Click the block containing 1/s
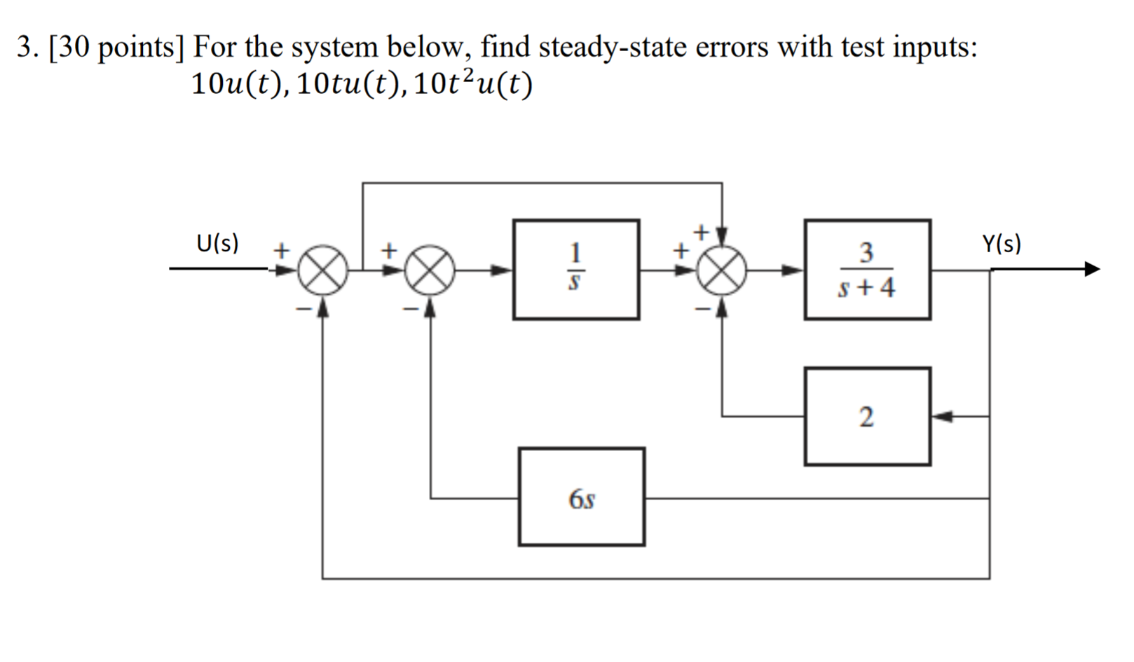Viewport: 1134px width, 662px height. pos(575,270)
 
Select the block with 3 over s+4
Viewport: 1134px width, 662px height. pos(867,270)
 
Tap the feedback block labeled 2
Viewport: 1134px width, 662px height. pos(867,416)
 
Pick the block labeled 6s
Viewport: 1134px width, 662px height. pos(581,497)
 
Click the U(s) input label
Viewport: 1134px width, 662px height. pos(217,243)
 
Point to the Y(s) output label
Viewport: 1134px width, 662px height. pos(1002,243)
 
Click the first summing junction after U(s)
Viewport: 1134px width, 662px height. pos(322,270)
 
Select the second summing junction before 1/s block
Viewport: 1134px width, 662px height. pos(430,270)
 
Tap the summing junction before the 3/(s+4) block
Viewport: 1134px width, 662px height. pos(722,270)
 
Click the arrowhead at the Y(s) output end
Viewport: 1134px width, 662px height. pos(1092,269)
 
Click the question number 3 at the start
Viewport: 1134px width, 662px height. pos(24,48)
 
